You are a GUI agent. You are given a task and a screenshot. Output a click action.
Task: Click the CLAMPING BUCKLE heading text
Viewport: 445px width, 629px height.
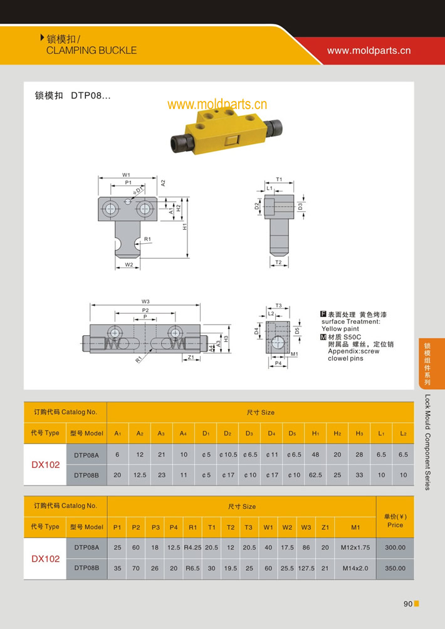(x=92, y=50)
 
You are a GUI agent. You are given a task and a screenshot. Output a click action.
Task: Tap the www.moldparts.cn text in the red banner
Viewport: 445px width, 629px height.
(x=369, y=51)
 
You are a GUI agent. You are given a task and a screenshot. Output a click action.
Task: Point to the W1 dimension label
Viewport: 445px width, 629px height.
(x=126, y=175)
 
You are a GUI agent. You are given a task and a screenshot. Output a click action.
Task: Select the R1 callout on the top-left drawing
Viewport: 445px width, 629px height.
(x=147, y=239)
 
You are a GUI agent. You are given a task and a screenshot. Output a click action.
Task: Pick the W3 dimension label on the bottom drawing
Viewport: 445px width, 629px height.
(x=145, y=301)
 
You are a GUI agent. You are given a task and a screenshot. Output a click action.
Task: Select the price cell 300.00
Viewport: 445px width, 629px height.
(x=395, y=547)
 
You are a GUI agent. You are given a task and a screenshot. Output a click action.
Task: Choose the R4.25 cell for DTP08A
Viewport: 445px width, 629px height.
(x=192, y=547)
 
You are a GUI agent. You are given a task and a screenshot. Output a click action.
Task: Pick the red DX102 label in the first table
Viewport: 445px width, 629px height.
(x=46, y=465)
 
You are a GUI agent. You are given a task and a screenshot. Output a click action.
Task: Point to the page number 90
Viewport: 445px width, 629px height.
(x=408, y=604)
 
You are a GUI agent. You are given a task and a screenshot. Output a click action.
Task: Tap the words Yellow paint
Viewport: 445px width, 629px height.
(x=340, y=328)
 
